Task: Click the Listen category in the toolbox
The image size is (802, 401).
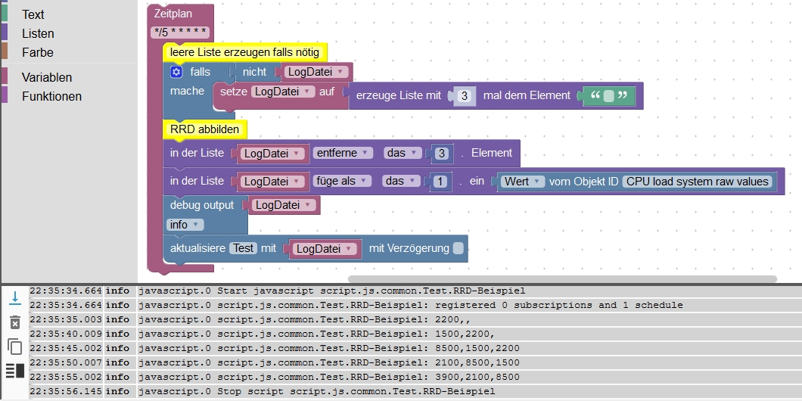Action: [38, 33]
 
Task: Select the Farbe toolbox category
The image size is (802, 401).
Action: [37, 52]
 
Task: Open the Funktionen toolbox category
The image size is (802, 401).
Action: [51, 96]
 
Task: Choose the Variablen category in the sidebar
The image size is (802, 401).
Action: [47, 77]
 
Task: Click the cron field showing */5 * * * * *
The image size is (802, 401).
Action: [180, 33]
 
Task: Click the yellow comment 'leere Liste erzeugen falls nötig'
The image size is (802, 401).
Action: [244, 52]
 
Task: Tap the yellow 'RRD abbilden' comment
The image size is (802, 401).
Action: [204, 129]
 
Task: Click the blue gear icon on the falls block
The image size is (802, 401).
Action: [176, 72]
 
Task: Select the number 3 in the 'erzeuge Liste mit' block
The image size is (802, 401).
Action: [465, 96]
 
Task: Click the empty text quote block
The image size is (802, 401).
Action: [608, 96]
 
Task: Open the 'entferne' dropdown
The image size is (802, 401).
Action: [344, 153]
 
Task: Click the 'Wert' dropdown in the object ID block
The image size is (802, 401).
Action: [521, 182]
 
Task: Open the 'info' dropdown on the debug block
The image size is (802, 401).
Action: [185, 225]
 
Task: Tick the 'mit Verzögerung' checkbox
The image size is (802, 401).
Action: [458, 248]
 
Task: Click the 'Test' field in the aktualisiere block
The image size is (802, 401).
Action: [244, 248]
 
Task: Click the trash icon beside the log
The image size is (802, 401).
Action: [14, 323]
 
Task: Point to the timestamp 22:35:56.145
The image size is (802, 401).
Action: [65, 391]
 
